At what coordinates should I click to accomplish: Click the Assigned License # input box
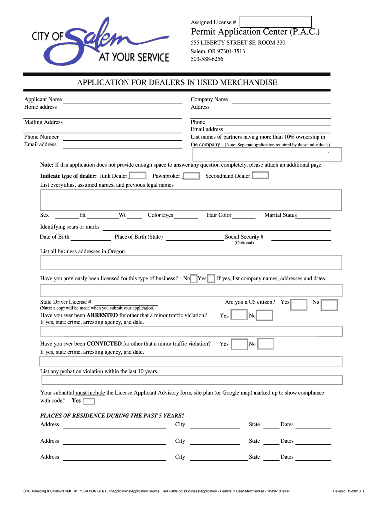pos(275,22)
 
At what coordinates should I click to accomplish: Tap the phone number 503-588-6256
pos(207,59)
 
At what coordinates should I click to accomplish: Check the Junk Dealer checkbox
pos(138,176)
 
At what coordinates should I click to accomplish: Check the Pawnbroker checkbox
pos(191,176)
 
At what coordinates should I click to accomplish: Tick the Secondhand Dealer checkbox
pos(260,175)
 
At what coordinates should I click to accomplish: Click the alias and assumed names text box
pos(191,200)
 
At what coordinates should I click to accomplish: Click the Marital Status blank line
pos(314,216)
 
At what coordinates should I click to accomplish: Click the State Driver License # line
pos(126,302)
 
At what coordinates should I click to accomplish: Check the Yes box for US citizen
pos(299,305)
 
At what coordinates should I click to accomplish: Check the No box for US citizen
pos(329,305)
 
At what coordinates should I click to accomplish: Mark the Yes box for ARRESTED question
pos(239,315)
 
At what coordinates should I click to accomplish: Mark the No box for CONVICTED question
pos(266,344)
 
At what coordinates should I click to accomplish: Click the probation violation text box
pos(192,381)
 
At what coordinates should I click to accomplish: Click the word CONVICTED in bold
pos(104,344)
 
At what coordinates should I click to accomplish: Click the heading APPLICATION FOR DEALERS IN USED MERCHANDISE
pos(177,82)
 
